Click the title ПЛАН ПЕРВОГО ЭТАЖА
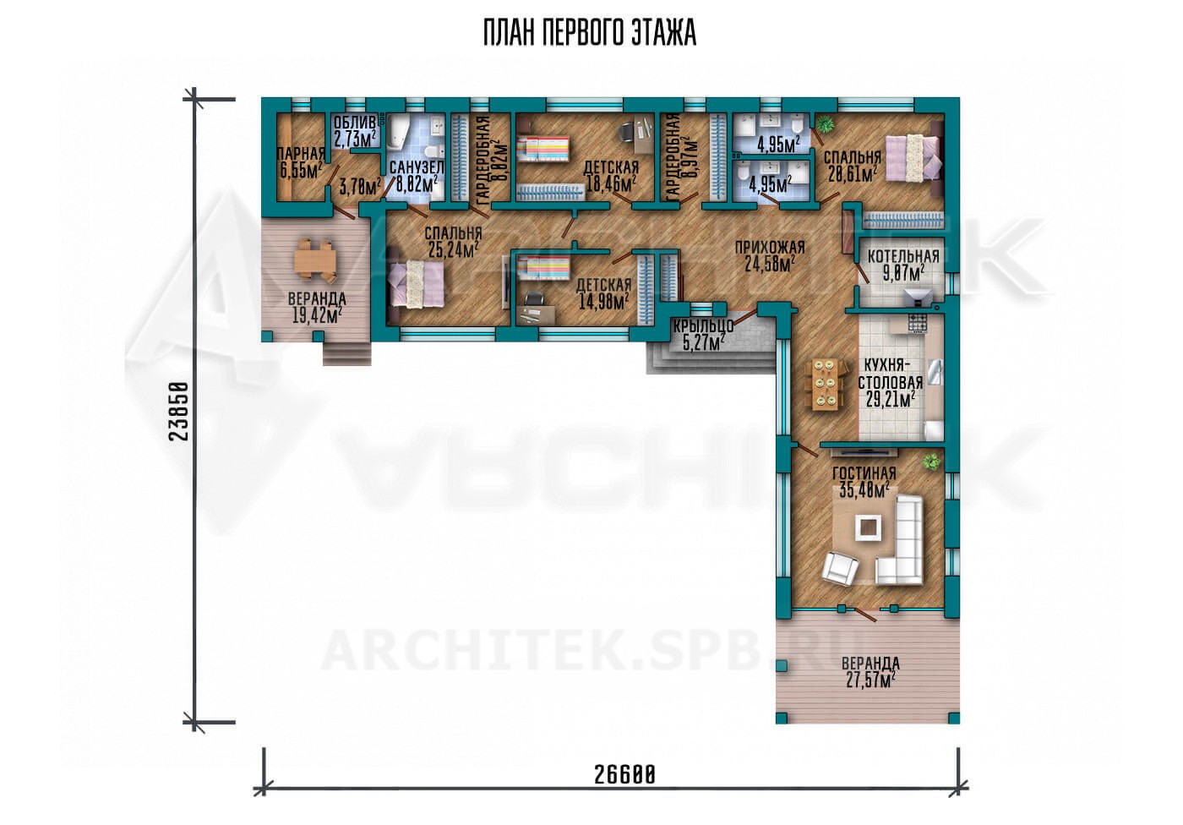(x=590, y=34)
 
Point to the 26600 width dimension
(x=624, y=775)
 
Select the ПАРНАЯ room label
(x=301, y=154)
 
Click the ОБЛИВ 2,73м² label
(x=355, y=130)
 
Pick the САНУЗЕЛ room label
(x=416, y=167)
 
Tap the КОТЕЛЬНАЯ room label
(x=903, y=257)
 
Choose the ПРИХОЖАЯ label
(x=770, y=247)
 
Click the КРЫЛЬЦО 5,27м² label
(x=703, y=335)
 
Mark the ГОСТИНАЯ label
(x=864, y=473)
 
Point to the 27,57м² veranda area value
(x=870, y=680)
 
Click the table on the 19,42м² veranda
(x=314, y=260)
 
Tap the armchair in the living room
(x=840, y=568)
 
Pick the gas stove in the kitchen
(x=918, y=323)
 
